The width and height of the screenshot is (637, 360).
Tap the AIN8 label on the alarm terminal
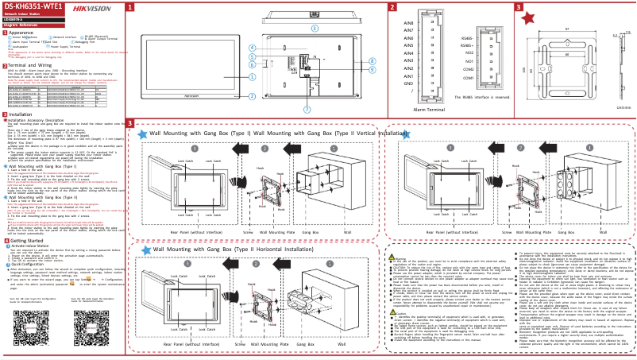point(408,23)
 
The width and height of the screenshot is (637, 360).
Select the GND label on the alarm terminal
point(408,83)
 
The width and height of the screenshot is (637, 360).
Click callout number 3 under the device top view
point(314,28)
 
